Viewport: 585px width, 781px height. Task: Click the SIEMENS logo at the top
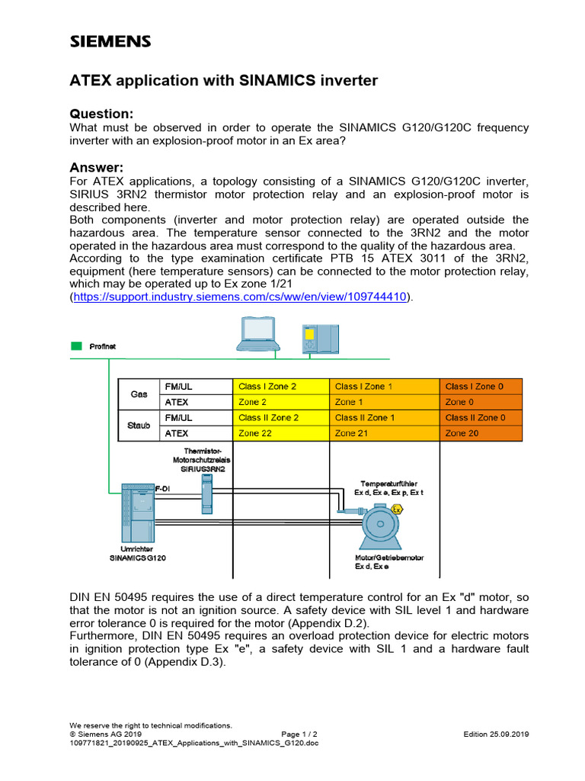[x=110, y=42]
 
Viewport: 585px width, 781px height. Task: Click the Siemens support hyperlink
[x=240, y=296]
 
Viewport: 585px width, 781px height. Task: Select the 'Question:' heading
[x=101, y=114]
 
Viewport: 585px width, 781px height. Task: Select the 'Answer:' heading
[x=96, y=167]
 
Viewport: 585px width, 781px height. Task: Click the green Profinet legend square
[x=76, y=346]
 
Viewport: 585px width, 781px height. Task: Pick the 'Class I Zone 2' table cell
[x=280, y=387]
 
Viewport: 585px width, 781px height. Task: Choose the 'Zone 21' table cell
[x=384, y=433]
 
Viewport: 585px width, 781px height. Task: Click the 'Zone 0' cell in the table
[x=481, y=402]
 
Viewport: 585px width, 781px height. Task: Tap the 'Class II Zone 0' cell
[x=481, y=418]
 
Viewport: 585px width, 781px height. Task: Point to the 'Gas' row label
[x=139, y=394]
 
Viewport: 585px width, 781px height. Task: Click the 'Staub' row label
[x=139, y=426]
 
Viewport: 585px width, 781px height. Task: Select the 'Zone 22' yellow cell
[x=280, y=433]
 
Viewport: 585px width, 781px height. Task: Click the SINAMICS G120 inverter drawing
[x=137, y=515]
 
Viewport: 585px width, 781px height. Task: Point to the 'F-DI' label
[x=163, y=487]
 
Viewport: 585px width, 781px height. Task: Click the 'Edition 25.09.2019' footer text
[x=496, y=734]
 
